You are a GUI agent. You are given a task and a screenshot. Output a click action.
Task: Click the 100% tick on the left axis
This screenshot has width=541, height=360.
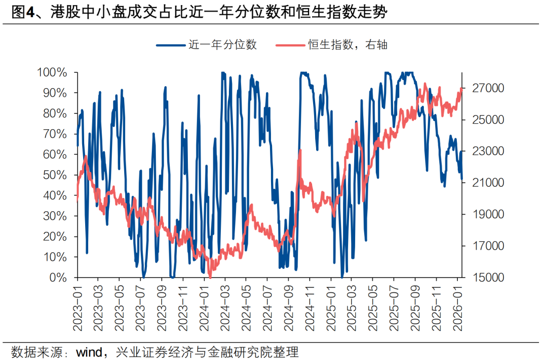click(x=52, y=73)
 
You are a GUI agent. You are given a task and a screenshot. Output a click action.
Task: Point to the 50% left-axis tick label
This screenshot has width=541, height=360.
click(x=55, y=175)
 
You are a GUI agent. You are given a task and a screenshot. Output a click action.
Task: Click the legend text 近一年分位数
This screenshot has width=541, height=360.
click(x=222, y=45)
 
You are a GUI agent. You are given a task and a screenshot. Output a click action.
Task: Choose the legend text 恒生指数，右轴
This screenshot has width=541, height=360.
click(x=348, y=45)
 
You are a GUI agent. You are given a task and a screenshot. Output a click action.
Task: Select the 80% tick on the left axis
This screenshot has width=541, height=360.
click(x=55, y=114)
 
